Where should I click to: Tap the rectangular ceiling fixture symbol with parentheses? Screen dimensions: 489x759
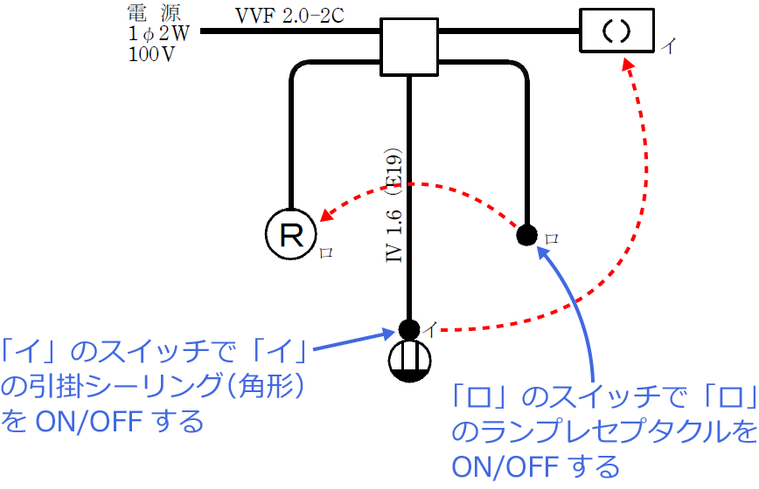pos(616,31)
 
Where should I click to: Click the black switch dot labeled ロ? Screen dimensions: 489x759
pos(526,234)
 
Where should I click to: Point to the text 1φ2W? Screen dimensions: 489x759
pos(157,34)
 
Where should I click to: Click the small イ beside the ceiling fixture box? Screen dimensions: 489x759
pos(667,46)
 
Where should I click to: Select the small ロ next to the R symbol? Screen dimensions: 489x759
pos(325,251)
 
